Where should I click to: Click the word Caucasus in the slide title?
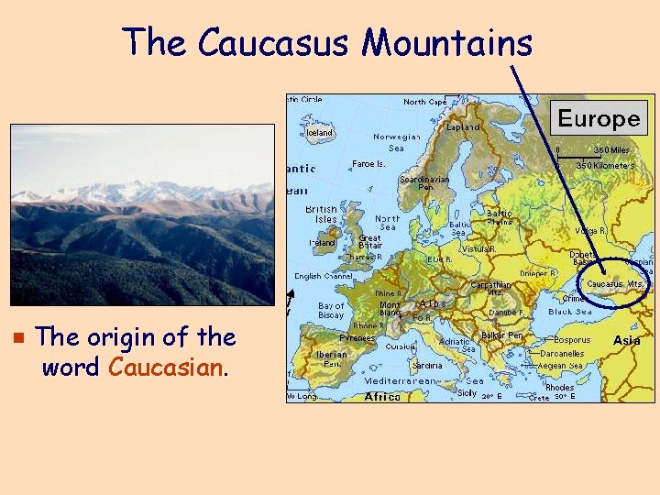click(273, 42)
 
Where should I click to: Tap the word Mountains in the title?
click(445, 42)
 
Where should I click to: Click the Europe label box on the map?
click(599, 118)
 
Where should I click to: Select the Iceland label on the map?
click(319, 133)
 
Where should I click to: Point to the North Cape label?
click(425, 102)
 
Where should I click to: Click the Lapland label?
click(463, 127)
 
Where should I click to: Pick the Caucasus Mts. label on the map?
click(615, 284)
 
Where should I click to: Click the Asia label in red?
click(627, 340)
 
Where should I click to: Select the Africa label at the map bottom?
click(382, 396)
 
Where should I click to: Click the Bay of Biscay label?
click(330, 310)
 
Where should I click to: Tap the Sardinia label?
click(427, 365)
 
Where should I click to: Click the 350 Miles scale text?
click(611, 149)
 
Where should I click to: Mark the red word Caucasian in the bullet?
click(166, 368)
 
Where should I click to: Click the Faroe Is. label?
click(368, 164)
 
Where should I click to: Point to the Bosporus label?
click(572, 340)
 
